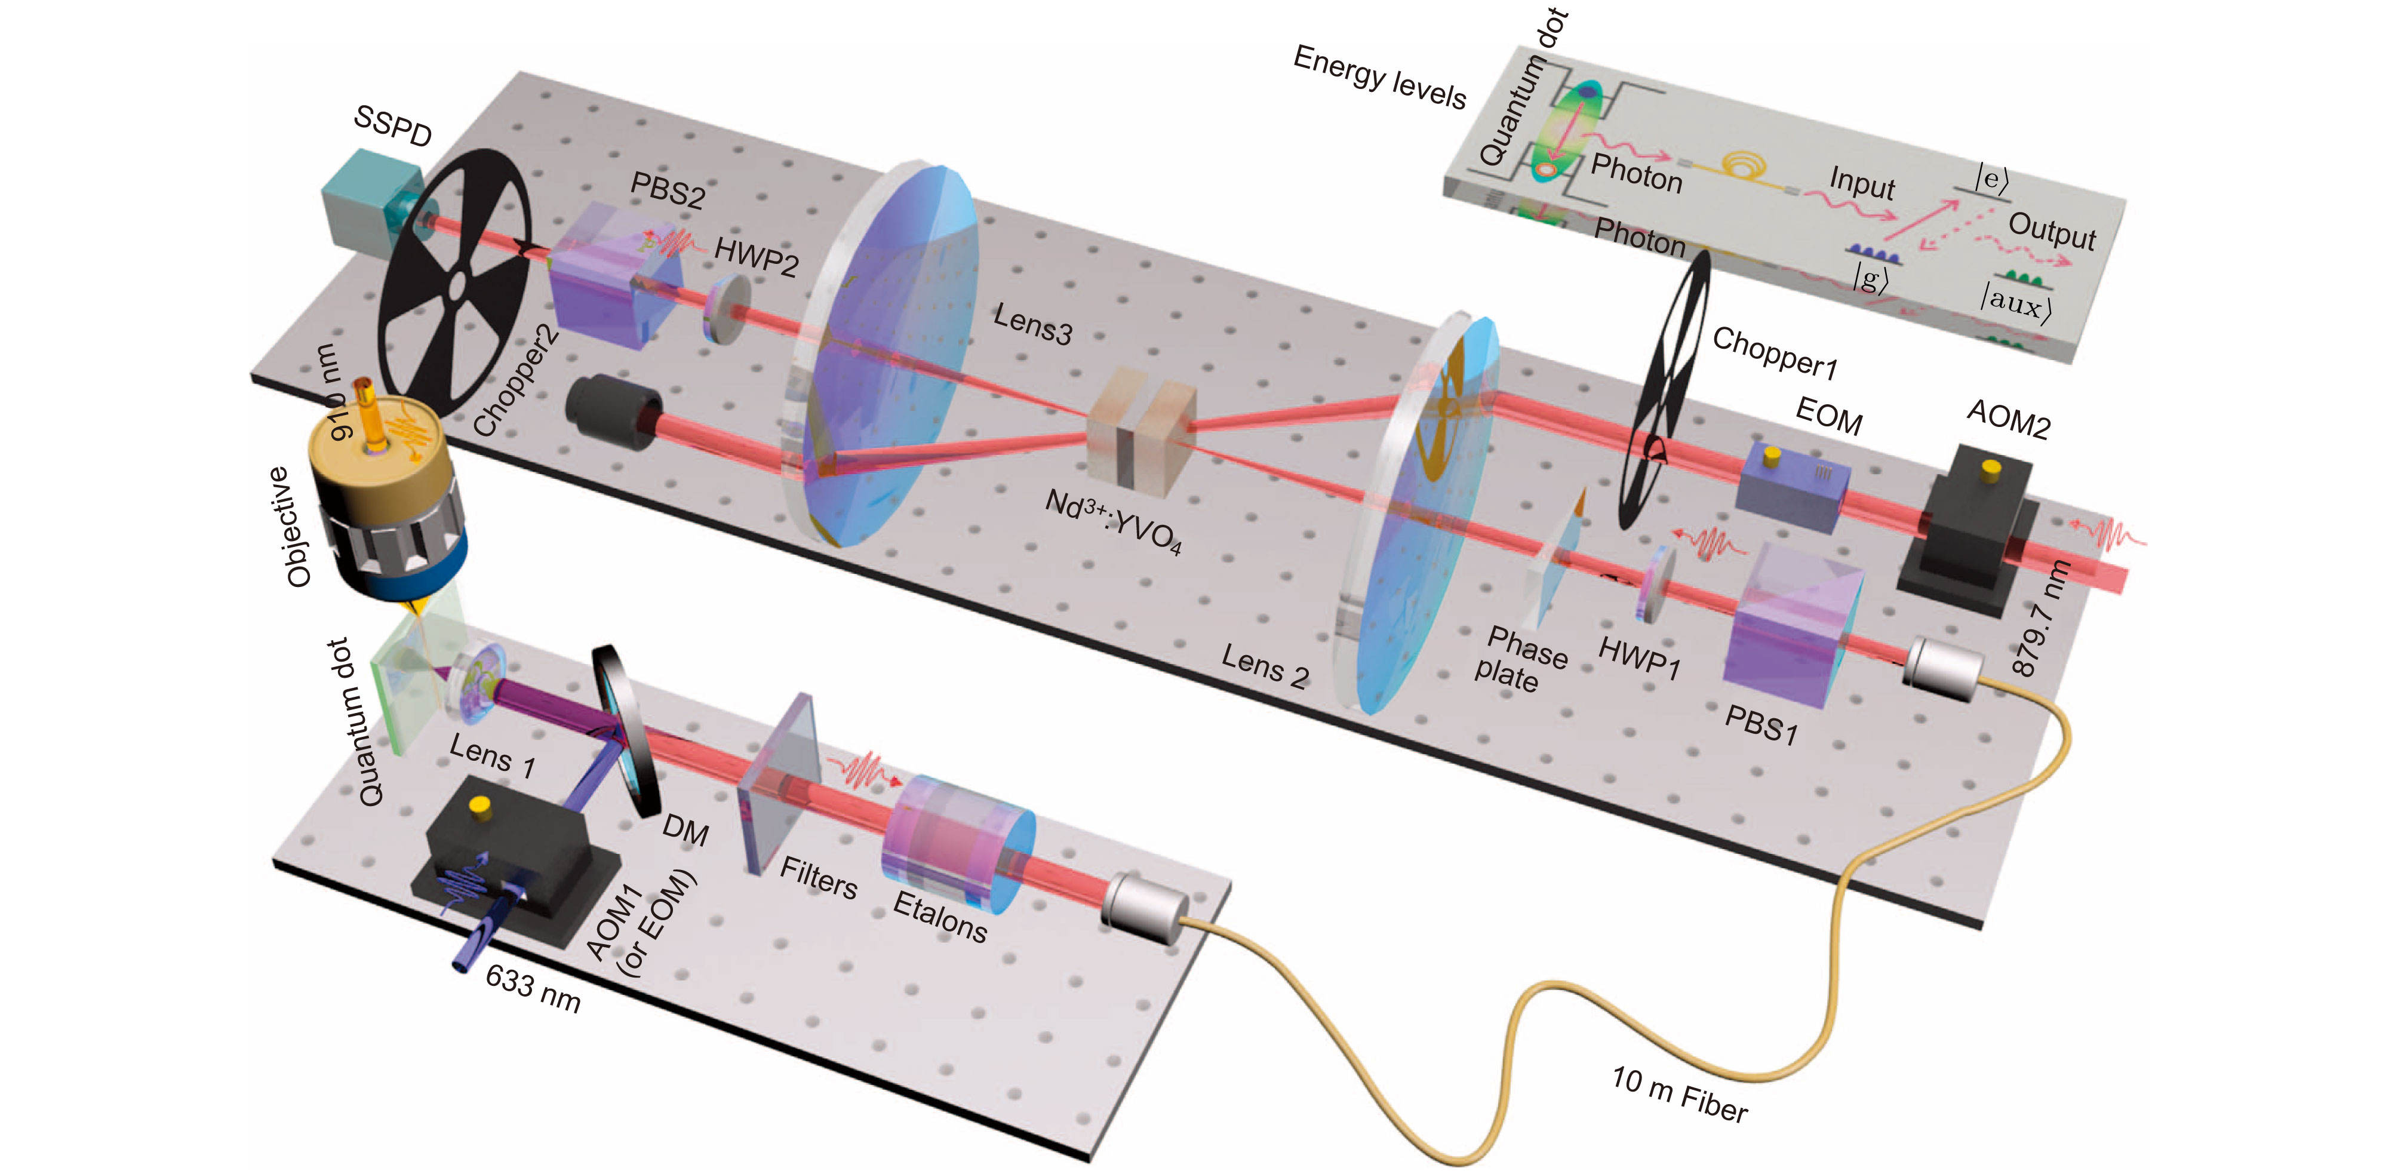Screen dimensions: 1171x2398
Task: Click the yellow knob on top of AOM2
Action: coord(1990,469)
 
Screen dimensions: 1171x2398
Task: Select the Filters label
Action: coord(818,877)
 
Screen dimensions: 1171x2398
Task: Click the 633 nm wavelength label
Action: coord(533,988)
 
